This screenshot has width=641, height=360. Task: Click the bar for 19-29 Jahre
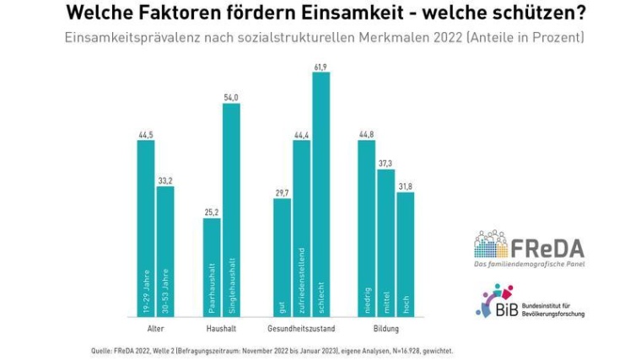point(146,228)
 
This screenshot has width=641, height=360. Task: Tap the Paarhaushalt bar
point(212,267)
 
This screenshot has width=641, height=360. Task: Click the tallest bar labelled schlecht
point(320,194)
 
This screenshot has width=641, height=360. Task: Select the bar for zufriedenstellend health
point(302,228)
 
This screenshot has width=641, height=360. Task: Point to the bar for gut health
point(283,257)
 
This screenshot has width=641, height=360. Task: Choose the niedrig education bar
point(366,228)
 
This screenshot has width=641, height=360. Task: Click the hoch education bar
point(405,254)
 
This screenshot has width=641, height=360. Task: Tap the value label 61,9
point(320,66)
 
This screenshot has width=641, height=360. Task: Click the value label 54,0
point(231,97)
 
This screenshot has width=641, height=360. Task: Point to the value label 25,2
point(212,212)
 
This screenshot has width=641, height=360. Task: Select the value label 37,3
point(385,164)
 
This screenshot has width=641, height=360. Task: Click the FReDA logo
point(529,246)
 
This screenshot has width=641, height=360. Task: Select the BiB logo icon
point(493,302)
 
